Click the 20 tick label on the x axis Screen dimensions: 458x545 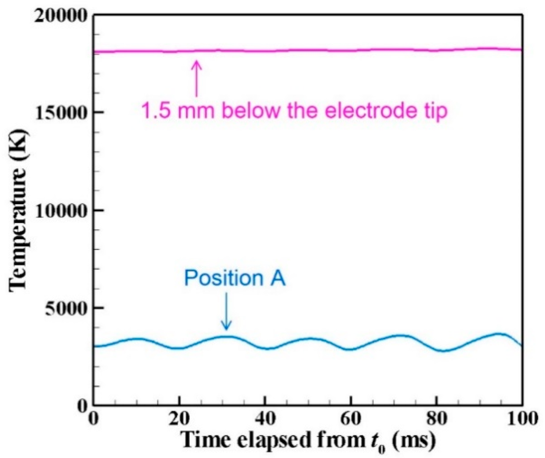(x=179, y=419)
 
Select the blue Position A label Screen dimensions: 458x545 (x=235, y=278)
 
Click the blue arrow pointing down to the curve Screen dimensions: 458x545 (x=226, y=312)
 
